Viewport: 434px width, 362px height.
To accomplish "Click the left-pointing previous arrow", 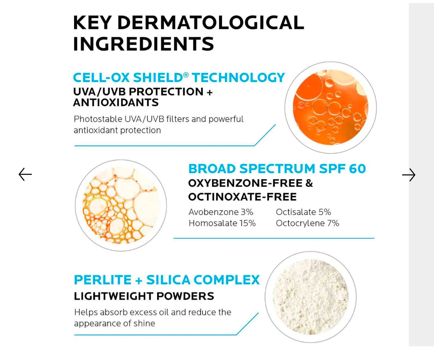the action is (25, 174).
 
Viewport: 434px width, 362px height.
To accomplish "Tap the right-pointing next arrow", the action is (409, 175).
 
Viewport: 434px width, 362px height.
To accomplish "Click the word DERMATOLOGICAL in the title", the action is (211, 23).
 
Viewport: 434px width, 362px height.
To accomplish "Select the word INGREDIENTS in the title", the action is (143, 44).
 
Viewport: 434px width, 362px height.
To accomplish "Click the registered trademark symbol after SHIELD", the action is (186, 75).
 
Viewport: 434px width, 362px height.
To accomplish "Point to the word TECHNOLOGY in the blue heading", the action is (238, 78).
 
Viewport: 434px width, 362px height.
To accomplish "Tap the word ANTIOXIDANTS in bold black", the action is (116, 102).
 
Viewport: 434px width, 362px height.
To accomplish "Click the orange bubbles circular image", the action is (330, 108).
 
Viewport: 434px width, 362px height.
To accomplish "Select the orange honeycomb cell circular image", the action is (121, 206).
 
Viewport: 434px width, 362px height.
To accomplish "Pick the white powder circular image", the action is (311, 297).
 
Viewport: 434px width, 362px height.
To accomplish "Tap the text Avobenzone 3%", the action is (221, 212).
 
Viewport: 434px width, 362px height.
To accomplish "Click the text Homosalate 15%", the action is (222, 223).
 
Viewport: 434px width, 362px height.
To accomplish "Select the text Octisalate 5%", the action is (303, 212).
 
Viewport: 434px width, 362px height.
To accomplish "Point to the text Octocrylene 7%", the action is (308, 223).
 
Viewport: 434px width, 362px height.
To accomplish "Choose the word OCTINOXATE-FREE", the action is (242, 197).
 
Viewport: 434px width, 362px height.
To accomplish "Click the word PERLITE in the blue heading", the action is (103, 280).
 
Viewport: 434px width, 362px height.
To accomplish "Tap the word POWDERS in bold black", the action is (185, 296).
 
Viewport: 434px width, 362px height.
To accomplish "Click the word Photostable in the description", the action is (98, 119).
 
